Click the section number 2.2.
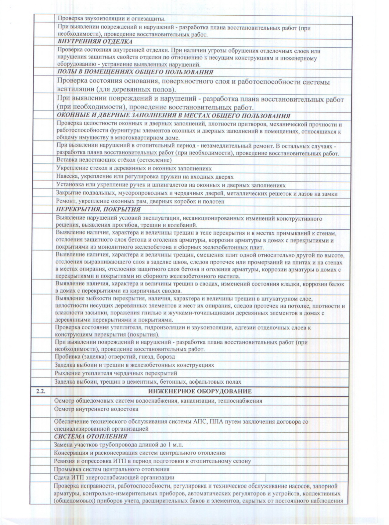coord(41,392)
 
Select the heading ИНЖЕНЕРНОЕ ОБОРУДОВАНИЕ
coord(200,392)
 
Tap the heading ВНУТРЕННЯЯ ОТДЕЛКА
coord(95,42)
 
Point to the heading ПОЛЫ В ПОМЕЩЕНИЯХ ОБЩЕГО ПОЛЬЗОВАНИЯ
coord(135,72)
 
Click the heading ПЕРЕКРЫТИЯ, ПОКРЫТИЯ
coord(98,210)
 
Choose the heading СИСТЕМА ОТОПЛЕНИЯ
coord(91,436)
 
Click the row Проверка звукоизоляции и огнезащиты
coord(112,19)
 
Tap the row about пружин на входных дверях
coord(145,177)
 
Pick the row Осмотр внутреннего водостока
coord(96,409)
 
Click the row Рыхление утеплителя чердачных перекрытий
coord(116,373)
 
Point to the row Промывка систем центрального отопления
coord(112,469)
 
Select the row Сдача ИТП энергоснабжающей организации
coord(114,477)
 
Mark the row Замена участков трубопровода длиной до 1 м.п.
coord(119,445)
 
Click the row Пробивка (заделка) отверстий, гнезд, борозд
coord(115,357)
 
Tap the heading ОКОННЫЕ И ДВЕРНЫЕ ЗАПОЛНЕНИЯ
coord(173,116)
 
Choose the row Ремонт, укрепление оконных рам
coord(140,202)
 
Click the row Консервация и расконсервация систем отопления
coord(140,453)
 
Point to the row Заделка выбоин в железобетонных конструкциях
coord(134,365)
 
